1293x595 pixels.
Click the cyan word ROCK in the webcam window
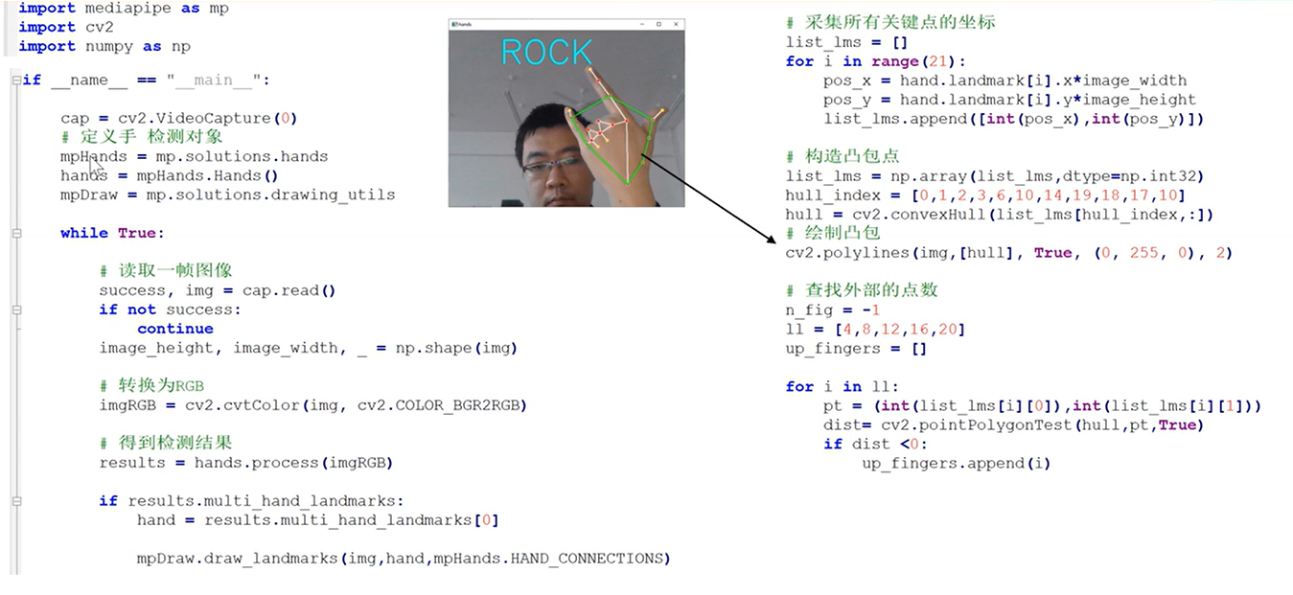546,53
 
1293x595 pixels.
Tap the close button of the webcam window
675,23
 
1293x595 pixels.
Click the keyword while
84,233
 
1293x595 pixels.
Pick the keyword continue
175,329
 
